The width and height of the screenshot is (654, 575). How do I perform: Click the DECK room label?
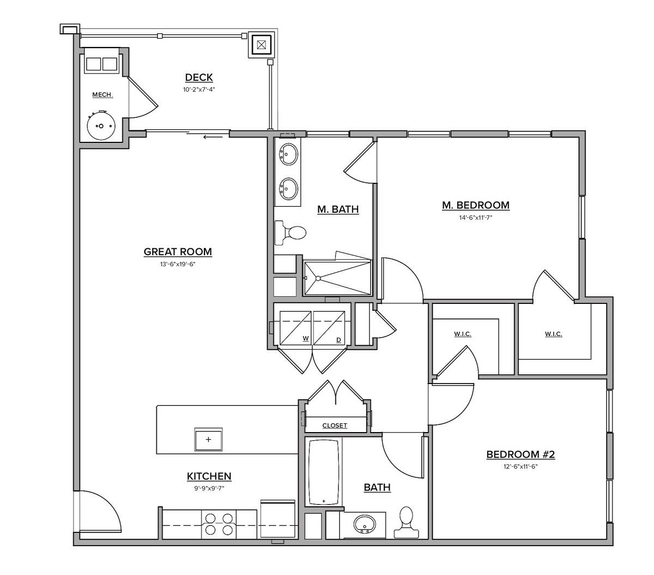[x=198, y=77]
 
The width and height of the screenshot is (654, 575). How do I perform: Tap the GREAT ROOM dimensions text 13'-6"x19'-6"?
[x=178, y=264]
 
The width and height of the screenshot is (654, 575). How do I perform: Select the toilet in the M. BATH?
[x=291, y=233]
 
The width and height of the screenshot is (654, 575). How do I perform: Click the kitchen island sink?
[x=209, y=439]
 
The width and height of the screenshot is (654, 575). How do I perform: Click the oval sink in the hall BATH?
[x=364, y=525]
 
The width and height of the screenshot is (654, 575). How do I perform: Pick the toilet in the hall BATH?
[x=406, y=519]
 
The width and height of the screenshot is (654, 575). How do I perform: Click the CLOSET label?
[x=335, y=426]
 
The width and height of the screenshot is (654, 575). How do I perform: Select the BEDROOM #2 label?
[x=520, y=454]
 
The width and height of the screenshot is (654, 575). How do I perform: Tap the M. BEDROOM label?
[x=475, y=205]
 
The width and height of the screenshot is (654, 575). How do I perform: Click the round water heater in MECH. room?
[x=101, y=125]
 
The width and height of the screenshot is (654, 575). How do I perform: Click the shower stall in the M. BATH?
[x=337, y=278]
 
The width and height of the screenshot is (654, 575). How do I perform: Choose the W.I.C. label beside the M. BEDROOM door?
[x=553, y=334]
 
